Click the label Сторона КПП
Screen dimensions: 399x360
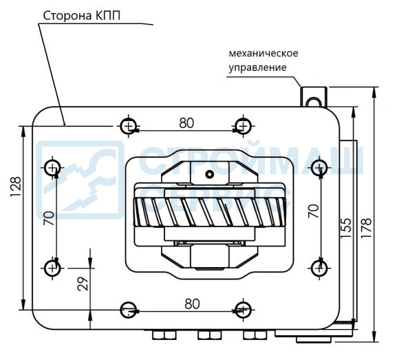pyautogui.click(x=82, y=16)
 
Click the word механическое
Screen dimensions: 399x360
pyautogui.click(x=263, y=53)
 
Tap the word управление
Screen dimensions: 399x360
pyautogui.click(x=257, y=67)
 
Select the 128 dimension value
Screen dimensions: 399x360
pyautogui.click(x=16, y=187)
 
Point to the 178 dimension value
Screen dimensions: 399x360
pyautogui.click(x=366, y=228)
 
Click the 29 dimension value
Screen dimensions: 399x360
pyautogui.click(x=83, y=284)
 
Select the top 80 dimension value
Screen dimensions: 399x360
pyautogui.click(x=186, y=123)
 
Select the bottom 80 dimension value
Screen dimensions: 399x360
pyautogui.click(x=192, y=304)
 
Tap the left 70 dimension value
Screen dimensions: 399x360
pyautogui.click(x=49, y=218)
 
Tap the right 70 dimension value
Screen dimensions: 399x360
pyautogui.click(x=314, y=211)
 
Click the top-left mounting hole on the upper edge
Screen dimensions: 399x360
pyautogui.click(x=129, y=126)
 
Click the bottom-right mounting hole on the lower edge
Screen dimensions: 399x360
pyautogui.click(x=243, y=310)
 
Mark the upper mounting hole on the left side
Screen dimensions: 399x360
pyautogui.click(x=52, y=168)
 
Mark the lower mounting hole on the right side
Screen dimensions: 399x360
pyautogui.click(x=319, y=268)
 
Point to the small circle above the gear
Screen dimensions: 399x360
pyautogui.click(x=209, y=174)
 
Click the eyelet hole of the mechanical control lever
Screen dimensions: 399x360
pyautogui.click(x=313, y=103)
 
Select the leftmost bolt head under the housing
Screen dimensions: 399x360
pyautogui.click(x=164, y=335)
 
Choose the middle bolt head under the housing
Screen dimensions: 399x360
pyautogui.click(x=210, y=335)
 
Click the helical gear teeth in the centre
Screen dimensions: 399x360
pyautogui.click(x=209, y=212)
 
